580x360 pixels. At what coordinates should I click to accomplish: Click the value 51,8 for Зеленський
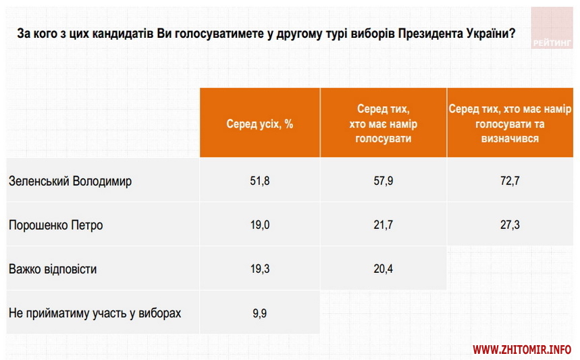[260, 181]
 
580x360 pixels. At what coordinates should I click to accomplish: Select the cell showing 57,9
[383, 181]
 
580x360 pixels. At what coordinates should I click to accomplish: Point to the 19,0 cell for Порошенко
[260, 225]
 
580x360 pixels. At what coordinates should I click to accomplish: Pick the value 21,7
[383, 225]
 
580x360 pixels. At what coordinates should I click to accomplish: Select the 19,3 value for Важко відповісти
[260, 269]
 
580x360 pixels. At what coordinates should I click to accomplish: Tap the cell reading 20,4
[383, 269]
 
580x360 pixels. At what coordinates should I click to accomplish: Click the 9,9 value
[260, 313]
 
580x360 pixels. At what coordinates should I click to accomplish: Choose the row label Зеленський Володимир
[70, 181]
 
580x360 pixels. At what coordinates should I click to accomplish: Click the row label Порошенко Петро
[56, 225]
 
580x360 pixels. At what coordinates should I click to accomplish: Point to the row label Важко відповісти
[53, 269]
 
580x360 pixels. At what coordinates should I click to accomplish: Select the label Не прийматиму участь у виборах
[95, 313]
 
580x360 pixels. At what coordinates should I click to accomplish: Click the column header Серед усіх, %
[260, 124]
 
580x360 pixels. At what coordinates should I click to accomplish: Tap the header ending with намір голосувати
[383, 124]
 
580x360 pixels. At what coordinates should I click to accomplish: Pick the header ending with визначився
[510, 124]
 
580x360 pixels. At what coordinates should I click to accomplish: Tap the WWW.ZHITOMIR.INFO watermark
[521, 350]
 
